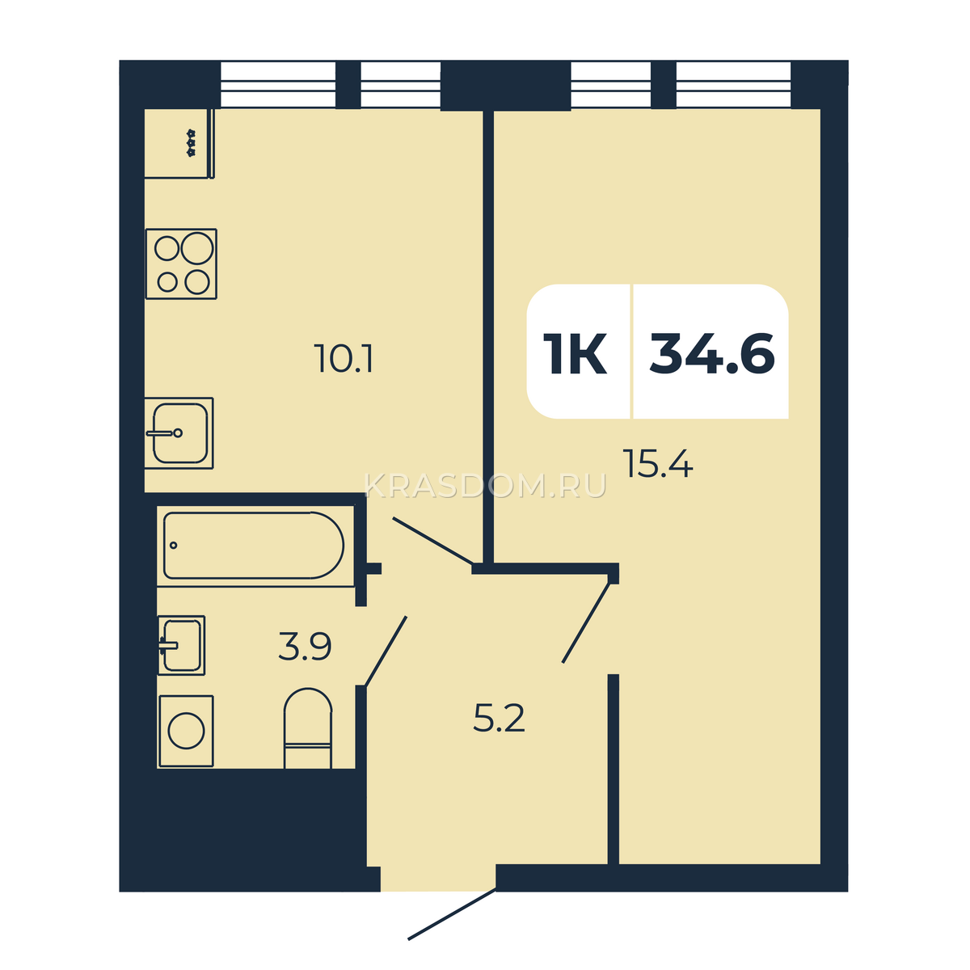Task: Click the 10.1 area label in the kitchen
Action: [343, 358]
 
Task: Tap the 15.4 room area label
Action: [657, 463]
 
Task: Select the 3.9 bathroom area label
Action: [305, 647]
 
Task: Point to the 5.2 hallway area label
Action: [499, 718]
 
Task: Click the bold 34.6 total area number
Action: [712, 353]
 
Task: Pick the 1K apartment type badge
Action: [575, 353]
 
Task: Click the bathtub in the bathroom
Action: [254, 546]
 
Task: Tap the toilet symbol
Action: [307, 728]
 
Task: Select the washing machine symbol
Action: [186, 732]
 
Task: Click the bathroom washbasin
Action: [181, 645]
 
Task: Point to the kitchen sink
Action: [179, 433]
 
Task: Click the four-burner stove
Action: [181, 264]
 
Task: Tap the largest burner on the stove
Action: [196, 248]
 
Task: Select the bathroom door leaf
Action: [386, 651]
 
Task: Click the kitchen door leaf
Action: [433, 540]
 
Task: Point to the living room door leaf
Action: [586, 622]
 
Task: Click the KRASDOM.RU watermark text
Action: [485, 487]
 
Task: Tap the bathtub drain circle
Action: [174, 545]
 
